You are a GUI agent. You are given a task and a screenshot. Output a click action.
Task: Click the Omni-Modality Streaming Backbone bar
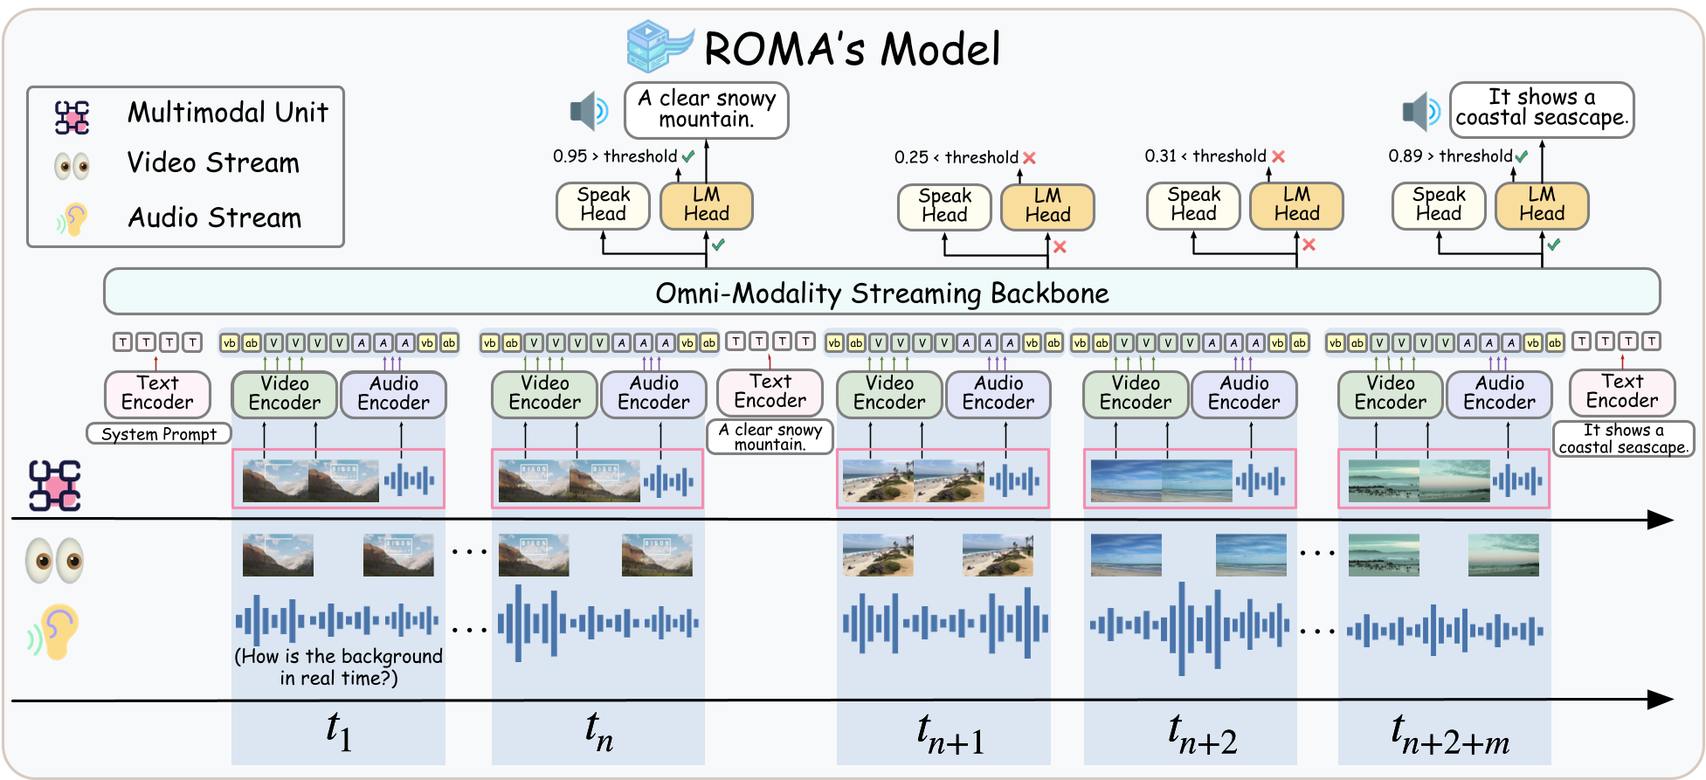coord(881,292)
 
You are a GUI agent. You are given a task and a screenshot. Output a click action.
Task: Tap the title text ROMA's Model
coord(852,49)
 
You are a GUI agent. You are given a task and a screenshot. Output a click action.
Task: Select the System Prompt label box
coord(158,433)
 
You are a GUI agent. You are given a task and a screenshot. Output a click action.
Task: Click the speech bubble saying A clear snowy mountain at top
coord(706,109)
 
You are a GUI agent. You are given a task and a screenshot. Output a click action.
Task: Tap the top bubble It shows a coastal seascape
coord(1541,108)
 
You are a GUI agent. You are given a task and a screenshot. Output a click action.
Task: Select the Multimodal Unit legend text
coord(227,113)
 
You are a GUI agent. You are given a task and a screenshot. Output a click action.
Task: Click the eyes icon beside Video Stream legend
coord(72,164)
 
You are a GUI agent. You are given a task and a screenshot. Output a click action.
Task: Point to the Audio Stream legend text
coord(214,217)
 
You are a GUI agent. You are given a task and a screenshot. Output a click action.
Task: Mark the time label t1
coord(338,731)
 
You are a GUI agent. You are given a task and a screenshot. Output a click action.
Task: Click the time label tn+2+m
coord(1449,735)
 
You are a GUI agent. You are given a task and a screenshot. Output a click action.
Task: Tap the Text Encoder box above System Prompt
coord(157,393)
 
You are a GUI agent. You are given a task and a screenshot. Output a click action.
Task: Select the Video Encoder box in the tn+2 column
coord(1136,393)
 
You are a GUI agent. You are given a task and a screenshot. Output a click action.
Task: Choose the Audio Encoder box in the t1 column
coord(393,393)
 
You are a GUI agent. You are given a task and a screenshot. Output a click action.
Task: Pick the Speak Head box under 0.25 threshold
coord(944,206)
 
